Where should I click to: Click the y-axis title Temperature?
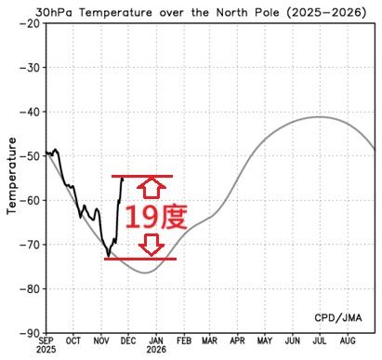coord(12,176)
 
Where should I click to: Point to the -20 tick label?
coord(30,23)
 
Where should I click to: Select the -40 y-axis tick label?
coord(30,112)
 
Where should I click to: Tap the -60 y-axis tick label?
coord(30,200)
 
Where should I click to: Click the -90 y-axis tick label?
coord(30,332)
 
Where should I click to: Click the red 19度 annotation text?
coord(156,218)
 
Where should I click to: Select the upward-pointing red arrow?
coord(155,189)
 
